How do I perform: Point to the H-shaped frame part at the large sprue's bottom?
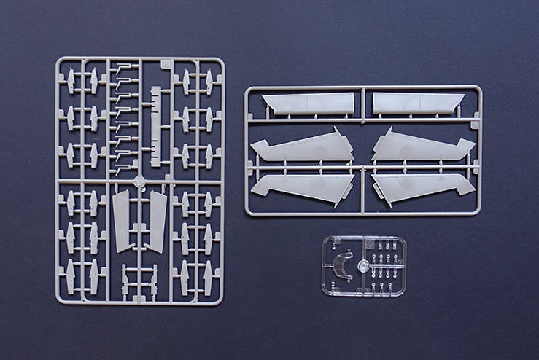(x=139, y=281)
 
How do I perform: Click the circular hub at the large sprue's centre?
(x=139, y=180)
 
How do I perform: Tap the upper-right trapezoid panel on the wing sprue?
(x=417, y=103)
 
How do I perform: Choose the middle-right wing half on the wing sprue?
(x=424, y=147)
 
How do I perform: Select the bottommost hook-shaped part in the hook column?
(x=124, y=168)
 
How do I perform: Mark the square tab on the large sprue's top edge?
(x=166, y=64)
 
